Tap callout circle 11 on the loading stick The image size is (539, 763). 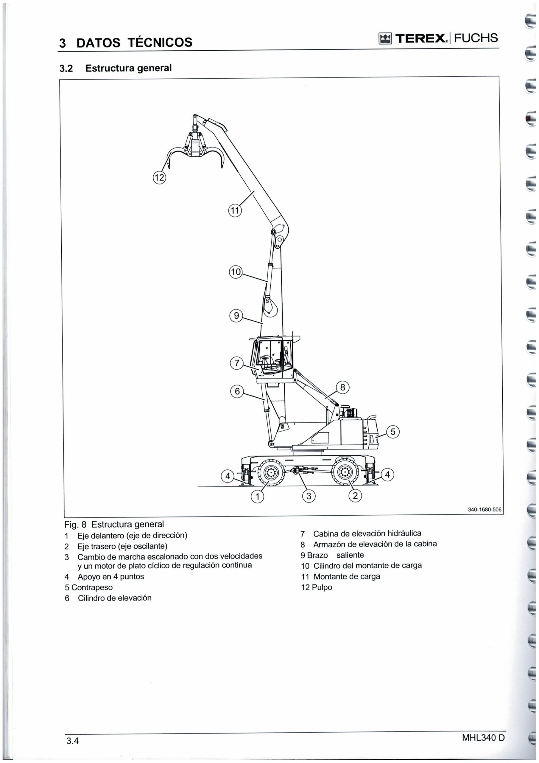[235, 211]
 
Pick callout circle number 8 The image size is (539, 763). [343, 387]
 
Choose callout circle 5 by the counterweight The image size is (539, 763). [393, 432]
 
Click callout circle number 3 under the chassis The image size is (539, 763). [309, 497]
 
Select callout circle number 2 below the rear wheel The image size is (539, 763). [355, 496]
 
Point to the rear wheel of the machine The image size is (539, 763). [346, 472]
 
